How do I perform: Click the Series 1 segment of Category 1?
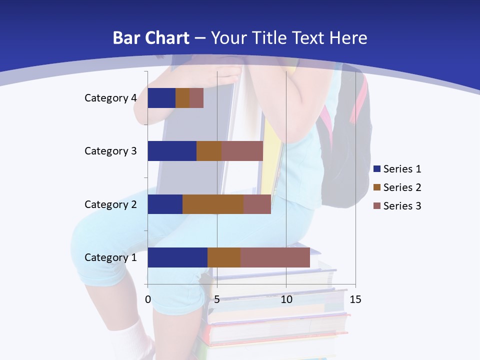coord(177,257)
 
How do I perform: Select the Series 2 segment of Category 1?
coord(224,257)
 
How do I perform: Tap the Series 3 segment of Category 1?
coord(275,257)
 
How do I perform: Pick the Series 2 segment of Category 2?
coord(213,204)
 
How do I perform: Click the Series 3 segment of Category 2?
coord(257,204)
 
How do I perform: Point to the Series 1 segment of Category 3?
coord(172,151)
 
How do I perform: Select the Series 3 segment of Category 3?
coord(242,151)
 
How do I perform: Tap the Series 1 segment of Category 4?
coord(161,98)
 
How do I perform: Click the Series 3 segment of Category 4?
coord(196,98)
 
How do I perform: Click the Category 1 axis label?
coord(110,257)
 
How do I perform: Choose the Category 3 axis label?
coord(110,151)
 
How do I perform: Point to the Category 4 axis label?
coord(110,98)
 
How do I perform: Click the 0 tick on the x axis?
coord(148,299)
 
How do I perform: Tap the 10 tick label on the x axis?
coord(286,299)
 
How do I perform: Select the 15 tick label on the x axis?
coord(355,299)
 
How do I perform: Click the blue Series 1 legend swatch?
coord(377,169)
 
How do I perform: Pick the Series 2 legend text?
coord(402,187)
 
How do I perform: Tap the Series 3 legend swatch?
coord(377,206)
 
